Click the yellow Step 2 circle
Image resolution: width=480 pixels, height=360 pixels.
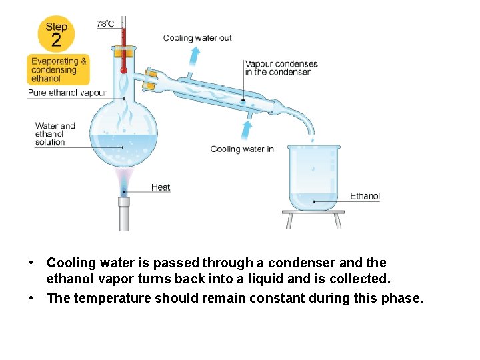point(56,34)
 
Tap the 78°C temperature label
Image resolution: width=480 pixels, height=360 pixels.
point(105,24)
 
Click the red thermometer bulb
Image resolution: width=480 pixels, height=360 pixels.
point(123,69)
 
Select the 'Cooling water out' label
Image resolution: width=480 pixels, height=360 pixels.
point(197,38)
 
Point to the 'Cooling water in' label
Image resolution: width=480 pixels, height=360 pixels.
point(242,149)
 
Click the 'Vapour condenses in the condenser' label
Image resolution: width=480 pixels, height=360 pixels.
point(281,68)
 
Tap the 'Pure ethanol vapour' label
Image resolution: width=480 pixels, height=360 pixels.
point(67,93)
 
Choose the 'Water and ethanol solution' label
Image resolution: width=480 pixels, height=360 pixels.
point(54,133)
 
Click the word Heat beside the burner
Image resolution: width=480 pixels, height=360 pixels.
point(161,187)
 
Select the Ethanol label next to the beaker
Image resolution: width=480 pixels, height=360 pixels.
point(365,196)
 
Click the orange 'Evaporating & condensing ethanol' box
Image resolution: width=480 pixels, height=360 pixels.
point(59,70)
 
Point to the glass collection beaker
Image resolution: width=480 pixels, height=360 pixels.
point(313,177)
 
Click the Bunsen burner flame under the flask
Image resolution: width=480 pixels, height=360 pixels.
point(124,179)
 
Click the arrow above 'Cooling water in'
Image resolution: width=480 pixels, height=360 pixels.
point(248,129)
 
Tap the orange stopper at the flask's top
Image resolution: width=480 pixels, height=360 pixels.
point(123,52)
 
